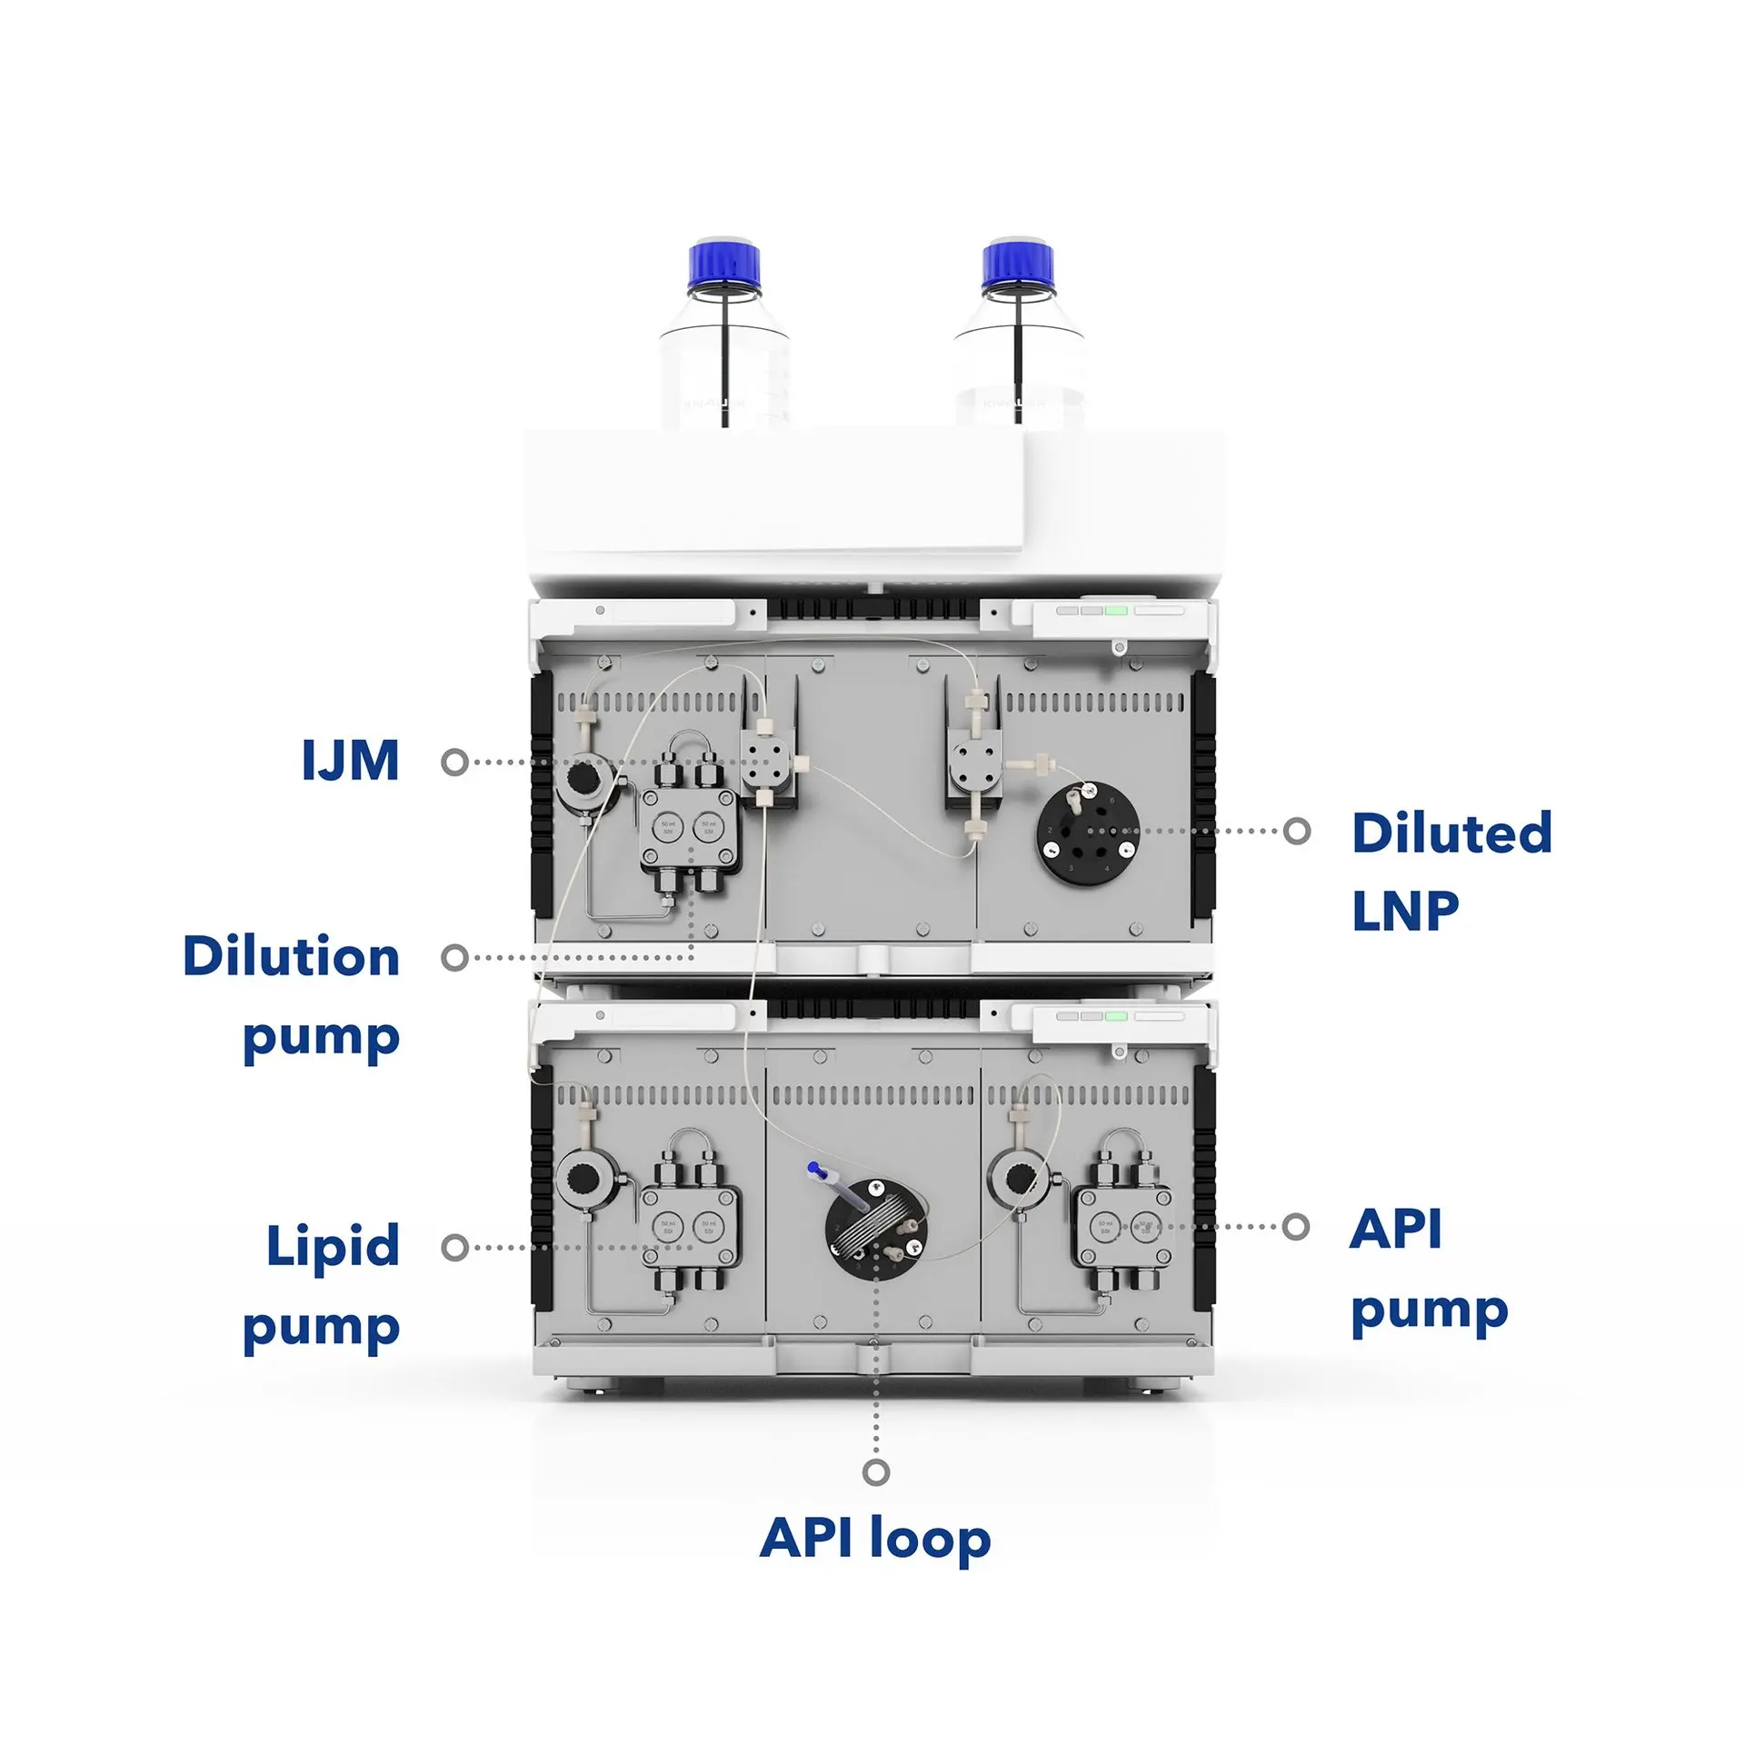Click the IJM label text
click(x=351, y=760)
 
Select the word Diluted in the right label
click(x=1451, y=833)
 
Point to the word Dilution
click(x=291, y=956)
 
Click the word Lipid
click(x=333, y=1245)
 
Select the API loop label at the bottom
click(x=874, y=1537)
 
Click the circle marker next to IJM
click(x=454, y=762)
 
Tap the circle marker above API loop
click(x=875, y=1472)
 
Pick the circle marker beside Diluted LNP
click(x=1297, y=830)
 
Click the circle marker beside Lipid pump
click(x=454, y=1247)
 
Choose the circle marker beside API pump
click(x=1296, y=1227)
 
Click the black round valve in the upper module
click(x=1088, y=833)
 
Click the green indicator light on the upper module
click(x=1116, y=610)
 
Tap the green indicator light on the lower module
click(x=1116, y=1016)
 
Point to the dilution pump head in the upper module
click(x=689, y=828)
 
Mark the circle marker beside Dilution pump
click(x=454, y=957)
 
